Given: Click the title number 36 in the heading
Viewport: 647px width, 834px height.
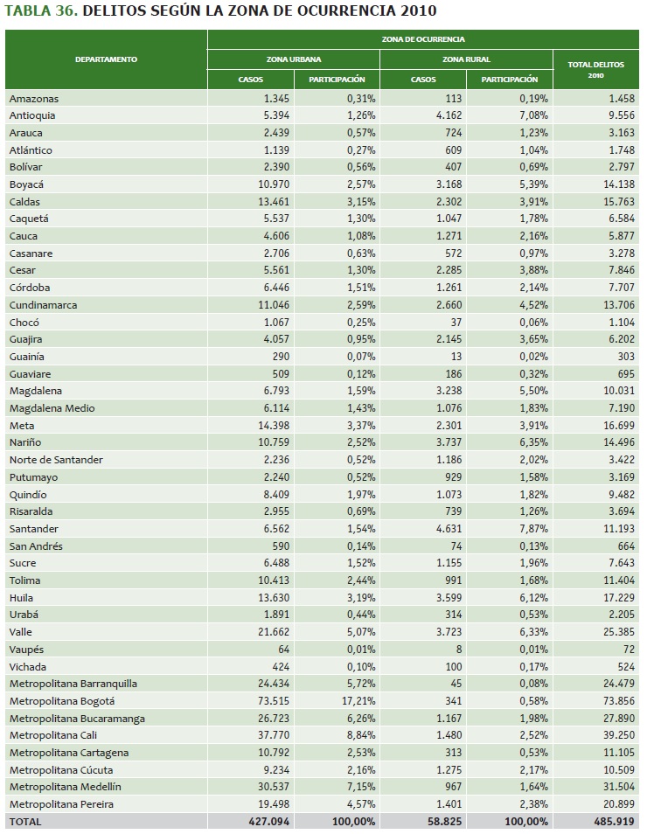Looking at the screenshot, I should (x=66, y=12).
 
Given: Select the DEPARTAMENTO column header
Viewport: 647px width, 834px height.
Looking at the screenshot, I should (x=106, y=59).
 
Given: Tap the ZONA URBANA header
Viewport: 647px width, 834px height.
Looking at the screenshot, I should (x=293, y=59).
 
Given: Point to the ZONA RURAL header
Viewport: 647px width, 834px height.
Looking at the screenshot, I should (x=466, y=59).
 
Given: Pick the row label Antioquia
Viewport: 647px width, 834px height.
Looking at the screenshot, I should (x=32, y=115).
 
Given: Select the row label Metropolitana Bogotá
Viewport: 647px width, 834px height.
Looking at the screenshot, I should (x=62, y=700).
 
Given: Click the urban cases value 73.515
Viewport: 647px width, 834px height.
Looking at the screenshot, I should (x=272, y=700).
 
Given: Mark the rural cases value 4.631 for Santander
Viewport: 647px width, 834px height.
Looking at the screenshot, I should (x=444, y=528).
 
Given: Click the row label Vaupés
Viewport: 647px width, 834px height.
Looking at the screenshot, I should (x=26, y=649).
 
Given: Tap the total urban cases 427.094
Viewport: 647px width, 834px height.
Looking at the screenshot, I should (x=268, y=821).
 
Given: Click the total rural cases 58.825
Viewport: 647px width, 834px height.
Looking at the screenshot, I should (x=442, y=821).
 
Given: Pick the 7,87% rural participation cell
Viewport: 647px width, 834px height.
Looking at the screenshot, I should (x=532, y=528).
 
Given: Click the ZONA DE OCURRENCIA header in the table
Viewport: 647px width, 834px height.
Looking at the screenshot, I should (x=423, y=39).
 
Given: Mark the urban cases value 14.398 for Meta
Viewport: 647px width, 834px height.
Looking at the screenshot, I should (x=271, y=425).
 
